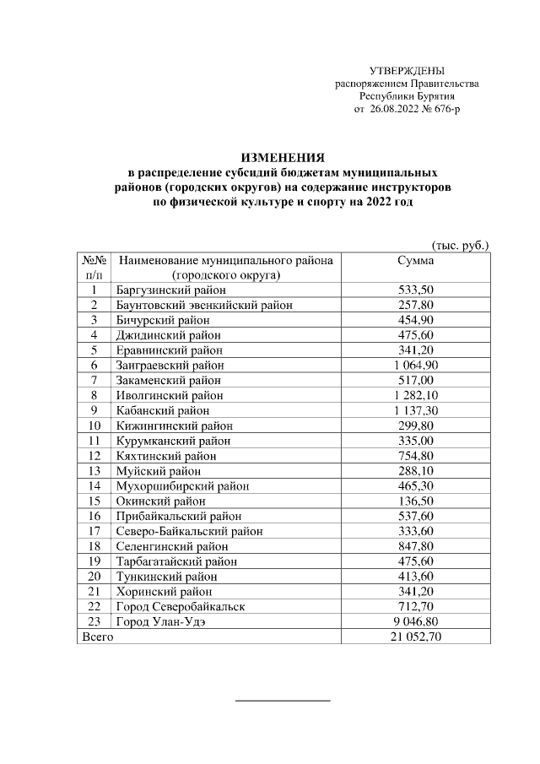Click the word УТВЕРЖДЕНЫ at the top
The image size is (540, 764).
coord(407,70)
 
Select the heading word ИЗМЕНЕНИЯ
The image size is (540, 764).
coord(283,158)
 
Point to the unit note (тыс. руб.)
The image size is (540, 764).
coord(460,245)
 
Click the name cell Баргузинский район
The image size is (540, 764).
coord(165,290)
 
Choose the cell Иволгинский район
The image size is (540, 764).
coord(164,395)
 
